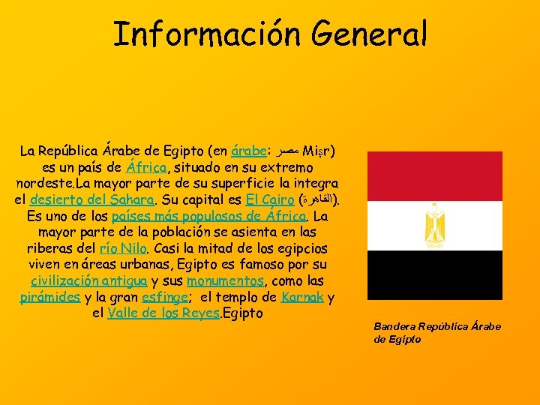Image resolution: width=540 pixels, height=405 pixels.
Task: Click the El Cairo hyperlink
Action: (x=267, y=199)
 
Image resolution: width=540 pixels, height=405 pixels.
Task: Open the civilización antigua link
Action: (x=88, y=281)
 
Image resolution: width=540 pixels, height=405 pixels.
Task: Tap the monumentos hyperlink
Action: (x=226, y=281)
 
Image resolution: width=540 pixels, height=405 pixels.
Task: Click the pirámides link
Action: (x=50, y=297)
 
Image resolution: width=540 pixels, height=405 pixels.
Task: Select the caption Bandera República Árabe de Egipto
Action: (x=437, y=332)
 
